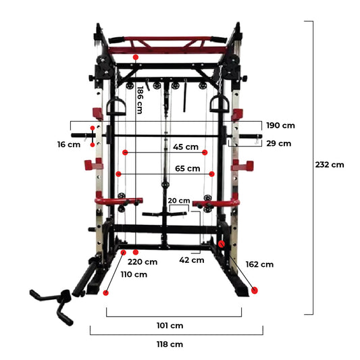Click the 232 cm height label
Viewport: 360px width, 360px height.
tap(330, 165)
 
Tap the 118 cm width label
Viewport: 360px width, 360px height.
tap(170, 344)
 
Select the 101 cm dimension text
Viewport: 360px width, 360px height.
tap(170, 326)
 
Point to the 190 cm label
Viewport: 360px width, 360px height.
tap(280, 126)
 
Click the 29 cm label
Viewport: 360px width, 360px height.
tap(279, 143)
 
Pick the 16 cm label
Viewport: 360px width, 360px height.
tap(69, 145)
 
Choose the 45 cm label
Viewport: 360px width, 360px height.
tap(186, 147)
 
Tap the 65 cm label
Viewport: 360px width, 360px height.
tap(188, 169)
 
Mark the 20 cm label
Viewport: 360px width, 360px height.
tap(179, 201)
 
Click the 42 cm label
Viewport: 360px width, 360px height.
tap(192, 260)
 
